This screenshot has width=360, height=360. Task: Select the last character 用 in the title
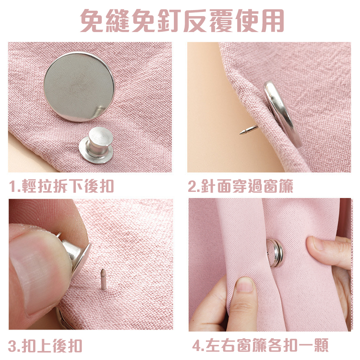(x=271, y=20)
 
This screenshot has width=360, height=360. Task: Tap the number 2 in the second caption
(x=192, y=187)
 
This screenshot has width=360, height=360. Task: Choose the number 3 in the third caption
(x=13, y=346)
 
